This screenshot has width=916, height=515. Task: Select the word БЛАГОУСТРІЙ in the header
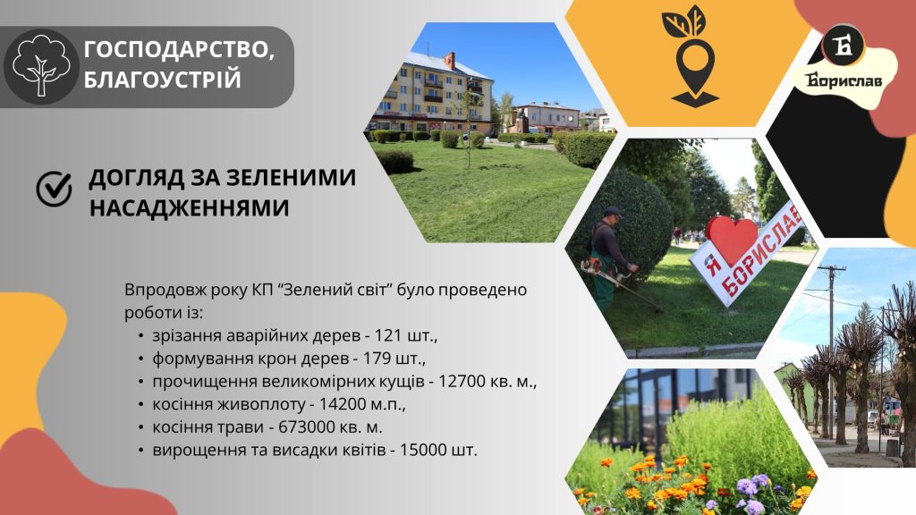163,79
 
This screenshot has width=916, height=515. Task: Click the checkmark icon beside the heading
54,189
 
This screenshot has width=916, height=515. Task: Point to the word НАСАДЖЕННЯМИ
190,207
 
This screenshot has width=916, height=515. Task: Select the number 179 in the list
376,359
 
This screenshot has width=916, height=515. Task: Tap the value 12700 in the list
462,381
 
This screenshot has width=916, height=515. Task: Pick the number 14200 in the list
343,404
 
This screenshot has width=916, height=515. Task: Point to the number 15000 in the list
423,451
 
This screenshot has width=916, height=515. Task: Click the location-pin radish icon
692,56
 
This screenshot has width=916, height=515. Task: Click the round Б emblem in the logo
843,46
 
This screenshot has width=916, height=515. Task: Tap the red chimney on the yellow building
449,61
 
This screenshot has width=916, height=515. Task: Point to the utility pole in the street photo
831,350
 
